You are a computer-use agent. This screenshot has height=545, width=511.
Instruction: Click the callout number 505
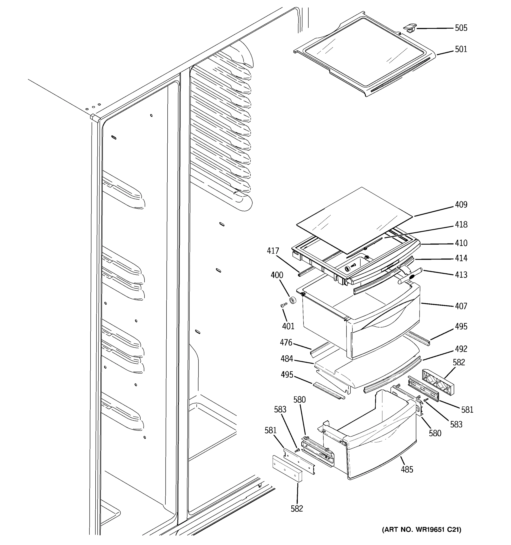(x=461, y=28)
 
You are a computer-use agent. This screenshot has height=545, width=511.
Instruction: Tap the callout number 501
(x=461, y=49)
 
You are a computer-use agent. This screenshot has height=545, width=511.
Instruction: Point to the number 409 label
(x=461, y=205)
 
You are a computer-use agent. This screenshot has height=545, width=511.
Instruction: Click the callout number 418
(x=461, y=225)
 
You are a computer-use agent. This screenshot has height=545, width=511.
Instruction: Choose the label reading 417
(x=273, y=251)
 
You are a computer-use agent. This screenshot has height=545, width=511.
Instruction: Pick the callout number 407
(x=461, y=306)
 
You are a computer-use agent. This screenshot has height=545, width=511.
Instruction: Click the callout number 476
(x=286, y=342)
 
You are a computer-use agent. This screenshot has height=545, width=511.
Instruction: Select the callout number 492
(x=461, y=349)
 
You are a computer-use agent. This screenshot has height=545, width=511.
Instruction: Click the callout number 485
(x=407, y=470)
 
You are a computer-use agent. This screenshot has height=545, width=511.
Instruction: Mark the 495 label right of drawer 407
(x=461, y=327)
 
